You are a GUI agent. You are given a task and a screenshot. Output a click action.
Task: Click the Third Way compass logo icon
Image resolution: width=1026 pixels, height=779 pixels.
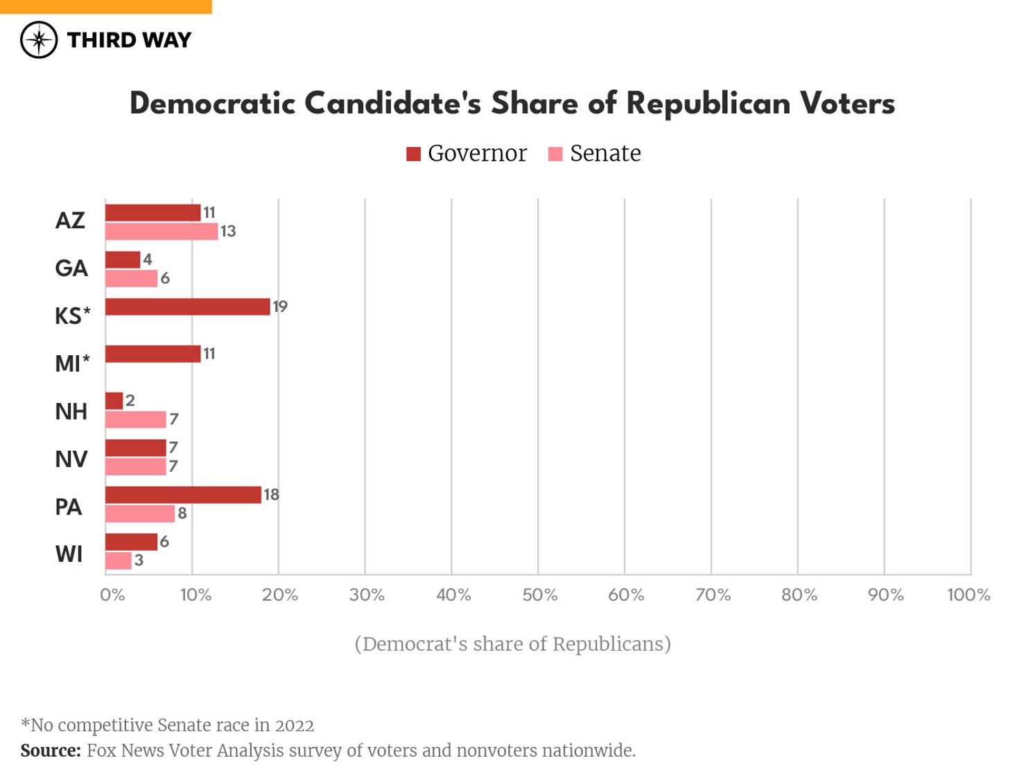(x=39, y=40)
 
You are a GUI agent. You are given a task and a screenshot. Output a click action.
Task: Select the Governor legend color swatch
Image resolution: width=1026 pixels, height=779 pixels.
(x=414, y=154)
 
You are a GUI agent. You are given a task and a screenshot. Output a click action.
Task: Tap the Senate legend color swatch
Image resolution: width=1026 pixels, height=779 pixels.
(x=555, y=154)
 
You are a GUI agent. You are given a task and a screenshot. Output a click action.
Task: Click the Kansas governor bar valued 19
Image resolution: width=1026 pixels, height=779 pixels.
(x=187, y=307)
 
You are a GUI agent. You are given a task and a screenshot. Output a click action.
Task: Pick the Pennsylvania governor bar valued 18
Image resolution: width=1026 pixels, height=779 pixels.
(x=183, y=495)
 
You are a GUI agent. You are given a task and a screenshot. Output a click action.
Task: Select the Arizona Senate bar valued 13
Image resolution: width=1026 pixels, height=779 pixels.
(x=162, y=232)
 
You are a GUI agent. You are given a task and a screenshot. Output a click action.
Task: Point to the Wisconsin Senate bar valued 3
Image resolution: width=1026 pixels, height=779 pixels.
(x=119, y=560)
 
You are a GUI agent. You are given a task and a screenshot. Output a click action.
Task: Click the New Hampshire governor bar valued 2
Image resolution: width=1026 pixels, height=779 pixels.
(x=114, y=401)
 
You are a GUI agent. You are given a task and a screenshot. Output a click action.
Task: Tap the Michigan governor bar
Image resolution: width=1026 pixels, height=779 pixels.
(x=153, y=354)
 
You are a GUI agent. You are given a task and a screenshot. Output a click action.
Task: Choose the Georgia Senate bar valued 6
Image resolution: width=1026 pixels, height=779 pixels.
(x=131, y=279)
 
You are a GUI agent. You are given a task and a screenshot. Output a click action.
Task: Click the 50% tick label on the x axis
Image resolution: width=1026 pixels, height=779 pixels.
(x=539, y=595)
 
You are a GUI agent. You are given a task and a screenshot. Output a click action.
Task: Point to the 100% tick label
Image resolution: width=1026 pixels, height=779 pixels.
(x=968, y=595)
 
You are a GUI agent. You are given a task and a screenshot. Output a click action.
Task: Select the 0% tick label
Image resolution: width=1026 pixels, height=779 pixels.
(x=112, y=595)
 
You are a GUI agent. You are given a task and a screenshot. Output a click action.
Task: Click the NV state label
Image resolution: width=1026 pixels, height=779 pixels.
(x=71, y=459)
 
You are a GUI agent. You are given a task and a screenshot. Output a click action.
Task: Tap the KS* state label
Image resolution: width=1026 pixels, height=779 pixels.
(x=73, y=316)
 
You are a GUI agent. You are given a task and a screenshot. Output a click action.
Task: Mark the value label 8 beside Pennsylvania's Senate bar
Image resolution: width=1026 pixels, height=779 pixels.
(x=182, y=514)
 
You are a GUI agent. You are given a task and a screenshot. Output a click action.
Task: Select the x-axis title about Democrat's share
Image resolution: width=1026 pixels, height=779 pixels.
(x=512, y=644)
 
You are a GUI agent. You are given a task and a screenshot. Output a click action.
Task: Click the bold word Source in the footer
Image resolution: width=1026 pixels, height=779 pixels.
(x=50, y=751)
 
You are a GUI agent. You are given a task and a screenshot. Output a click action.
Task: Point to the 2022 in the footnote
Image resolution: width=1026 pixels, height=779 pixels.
(x=295, y=726)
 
